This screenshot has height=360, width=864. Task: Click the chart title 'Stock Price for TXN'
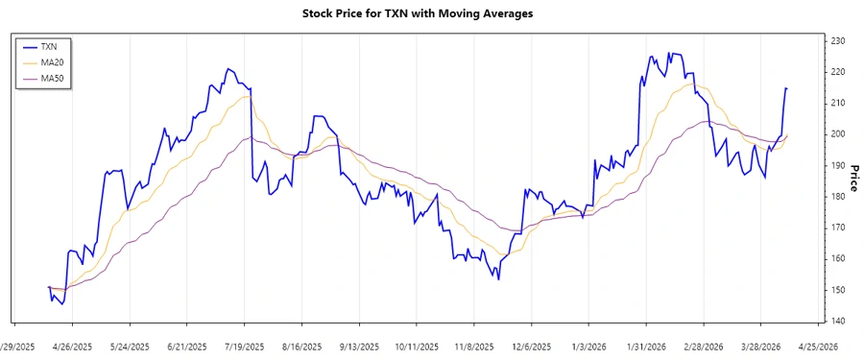click(x=431, y=13)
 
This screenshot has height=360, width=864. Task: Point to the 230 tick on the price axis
click(x=837, y=40)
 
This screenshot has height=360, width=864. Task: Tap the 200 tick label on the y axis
click(x=837, y=133)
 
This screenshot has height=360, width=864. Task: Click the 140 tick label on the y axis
click(x=837, y=321)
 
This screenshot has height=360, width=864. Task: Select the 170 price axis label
click(x=837, y=228)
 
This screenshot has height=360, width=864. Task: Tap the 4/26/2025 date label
click(x=72, y=347)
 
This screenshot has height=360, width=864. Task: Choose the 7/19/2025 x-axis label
click(x=245, y=347)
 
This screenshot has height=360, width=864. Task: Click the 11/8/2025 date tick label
click(x=473, y=347)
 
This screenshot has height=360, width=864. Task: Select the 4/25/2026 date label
click(x=818, y=347)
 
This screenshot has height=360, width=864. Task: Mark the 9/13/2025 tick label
click(x=359, y=347)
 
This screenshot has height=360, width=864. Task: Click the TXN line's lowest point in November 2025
click(x=498, y=279)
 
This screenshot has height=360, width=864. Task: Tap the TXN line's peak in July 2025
click(x=228, y=69)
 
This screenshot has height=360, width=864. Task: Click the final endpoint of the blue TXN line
click(x=787, y=88)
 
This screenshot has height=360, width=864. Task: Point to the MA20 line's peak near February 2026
click(x=690, y=84)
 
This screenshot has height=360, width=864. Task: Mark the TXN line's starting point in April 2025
click(x=48, y=287)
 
